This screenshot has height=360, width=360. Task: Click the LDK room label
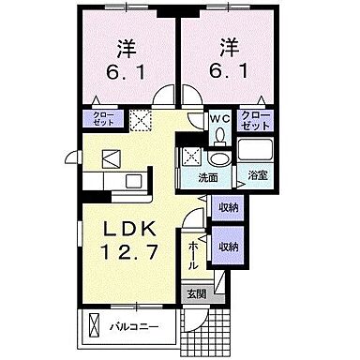pos(129,230)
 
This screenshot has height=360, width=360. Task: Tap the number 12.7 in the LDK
pos(128,252)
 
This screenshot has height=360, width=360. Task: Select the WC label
pos(220,119)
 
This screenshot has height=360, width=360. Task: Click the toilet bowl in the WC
pos(220,136)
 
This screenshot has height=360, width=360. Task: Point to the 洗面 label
pos(208,178)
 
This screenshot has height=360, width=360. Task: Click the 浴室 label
pos(258,175)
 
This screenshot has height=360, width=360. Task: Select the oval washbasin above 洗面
pos(219,159)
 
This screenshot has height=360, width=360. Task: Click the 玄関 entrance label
pos(196,294)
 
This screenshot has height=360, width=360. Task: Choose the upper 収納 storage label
pos(228,207)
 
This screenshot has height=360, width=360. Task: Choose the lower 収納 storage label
pos(228,247)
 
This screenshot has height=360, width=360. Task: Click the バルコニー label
pos(134,327)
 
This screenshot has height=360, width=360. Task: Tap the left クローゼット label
pos(104,118)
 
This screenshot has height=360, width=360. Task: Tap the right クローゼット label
pos(256,121)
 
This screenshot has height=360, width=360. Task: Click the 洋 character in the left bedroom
pos(127,49)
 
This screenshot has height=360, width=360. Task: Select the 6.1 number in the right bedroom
pos(229,71)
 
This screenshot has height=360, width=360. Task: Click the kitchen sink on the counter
pos(133,182)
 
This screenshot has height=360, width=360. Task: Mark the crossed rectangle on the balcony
pos(94,324)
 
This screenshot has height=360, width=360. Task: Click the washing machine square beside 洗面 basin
pos(191,157)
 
